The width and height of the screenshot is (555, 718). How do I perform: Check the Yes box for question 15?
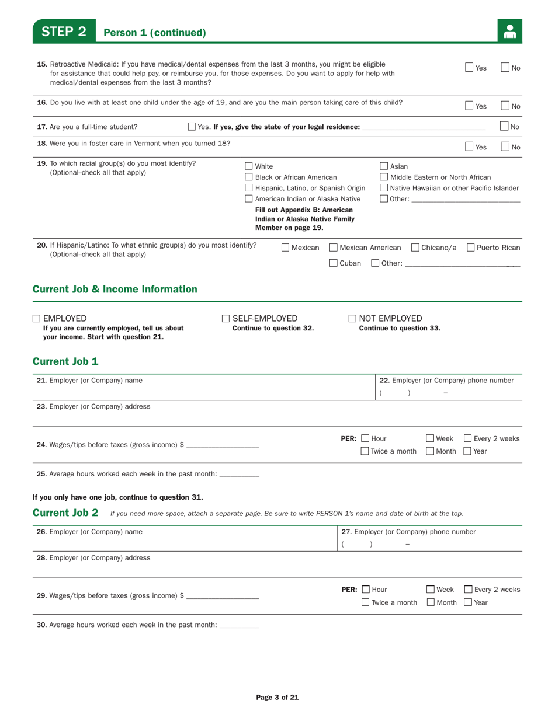pyautogui.click(x=470, y=68)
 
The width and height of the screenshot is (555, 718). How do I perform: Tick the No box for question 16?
pyautogui.click(x=506, y=106)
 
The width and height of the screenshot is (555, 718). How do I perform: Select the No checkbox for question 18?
pyautogui.click(x=506, y=147)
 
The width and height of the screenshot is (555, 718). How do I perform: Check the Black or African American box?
pyautogui.click(x=248, y=177)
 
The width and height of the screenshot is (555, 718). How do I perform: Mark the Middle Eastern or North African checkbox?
pyautogui.click(x=384, y=177)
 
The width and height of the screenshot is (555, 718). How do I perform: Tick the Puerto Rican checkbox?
pyautogui.click(x=471, y=248)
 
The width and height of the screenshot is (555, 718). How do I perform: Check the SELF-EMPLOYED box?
pyautogui.click(x=226, y=318)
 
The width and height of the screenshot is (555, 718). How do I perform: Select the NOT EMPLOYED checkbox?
pyautogui.click(x=352, y=318)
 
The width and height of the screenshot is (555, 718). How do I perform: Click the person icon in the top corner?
pyautogui.click(x=509, y=32)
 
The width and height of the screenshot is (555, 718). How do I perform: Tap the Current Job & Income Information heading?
pyautogui.click(x=115, y=289)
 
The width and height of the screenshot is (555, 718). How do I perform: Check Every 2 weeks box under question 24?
pyautogui.click(x=469, y=438)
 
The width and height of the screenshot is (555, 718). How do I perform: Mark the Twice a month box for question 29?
pyautogui.click(x=365, y=602)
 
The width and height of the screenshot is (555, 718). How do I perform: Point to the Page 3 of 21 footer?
pyautogui.click(x=277, y=697)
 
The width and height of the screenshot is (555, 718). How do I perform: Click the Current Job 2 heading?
pyautogui.click(x=65, y=513)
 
